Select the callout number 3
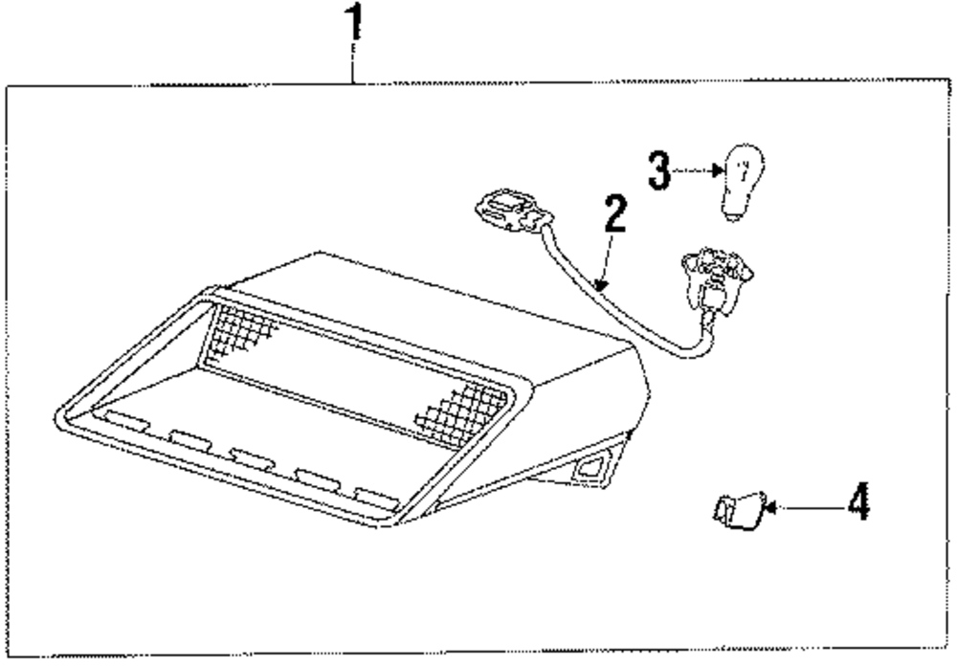click(x=657, y=170)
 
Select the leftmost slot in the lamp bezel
click(x=125, y=422)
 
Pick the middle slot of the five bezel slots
click(x=252, y=457)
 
